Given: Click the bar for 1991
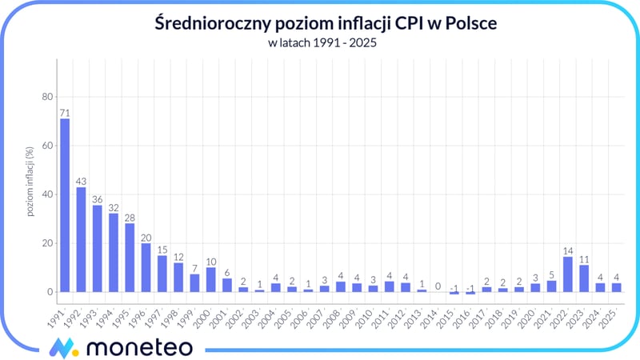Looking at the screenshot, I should pyautogui.click(x=65, y=205).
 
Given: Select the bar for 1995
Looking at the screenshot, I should pyautogui.click(x=130, y=258).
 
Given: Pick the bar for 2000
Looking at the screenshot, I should pyautogui.click(x=210, y=279).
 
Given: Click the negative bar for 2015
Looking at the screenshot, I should pyautogui.click(x=454, y=293).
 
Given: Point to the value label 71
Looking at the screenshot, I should pyautogui.click(x=65, y=112).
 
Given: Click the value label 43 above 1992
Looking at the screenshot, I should pyautogui.click(x=81, y=181).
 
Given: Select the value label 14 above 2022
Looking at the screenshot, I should pyautogui.click(x=567, y=250).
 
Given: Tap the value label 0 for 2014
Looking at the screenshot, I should pyautogui.click(x=438, y=286).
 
